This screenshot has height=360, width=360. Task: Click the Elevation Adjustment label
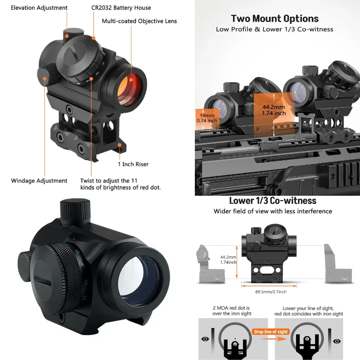click(x=39, y=8)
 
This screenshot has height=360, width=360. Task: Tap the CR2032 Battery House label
click(x=121, y=8)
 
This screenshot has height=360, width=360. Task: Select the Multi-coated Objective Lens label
click(x=139, y=21)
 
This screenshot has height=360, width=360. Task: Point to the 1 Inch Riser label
click(x=133, y=164)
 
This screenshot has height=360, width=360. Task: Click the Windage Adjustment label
click(x=39, y=181)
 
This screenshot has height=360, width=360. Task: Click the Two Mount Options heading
click(x=275, y=18)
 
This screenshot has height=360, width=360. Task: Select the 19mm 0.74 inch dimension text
click(x=207, y=118)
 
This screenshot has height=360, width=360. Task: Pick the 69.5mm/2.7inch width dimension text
click(x=271, y=292)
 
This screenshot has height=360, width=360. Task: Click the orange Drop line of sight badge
click(x=271, y=332)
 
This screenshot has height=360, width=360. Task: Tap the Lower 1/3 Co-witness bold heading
click(x=273, y=201)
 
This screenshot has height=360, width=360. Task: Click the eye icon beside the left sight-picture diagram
click(x=205, y=339)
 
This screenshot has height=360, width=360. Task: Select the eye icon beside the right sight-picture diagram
click(x=337, y=341)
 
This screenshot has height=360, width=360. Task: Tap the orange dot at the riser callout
click(x=120, y=145)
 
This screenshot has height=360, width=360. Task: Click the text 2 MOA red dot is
click(x=231, y=308)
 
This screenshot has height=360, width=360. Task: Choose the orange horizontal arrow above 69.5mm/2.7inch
click(x=269, y=286)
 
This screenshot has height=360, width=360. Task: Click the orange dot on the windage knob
click(x=45, y=79)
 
